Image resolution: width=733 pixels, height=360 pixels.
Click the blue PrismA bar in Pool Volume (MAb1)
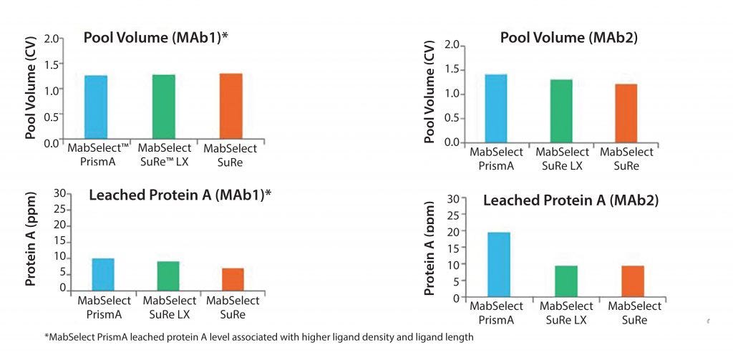[x=96, y=107]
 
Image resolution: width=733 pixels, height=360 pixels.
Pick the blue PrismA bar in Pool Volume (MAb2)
[x=495, y=107]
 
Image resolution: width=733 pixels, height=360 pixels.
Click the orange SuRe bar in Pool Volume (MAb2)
[x=626, y=112]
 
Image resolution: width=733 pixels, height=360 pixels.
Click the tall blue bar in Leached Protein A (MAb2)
[x=498, y=264]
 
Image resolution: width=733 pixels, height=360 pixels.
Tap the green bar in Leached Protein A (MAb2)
[x=566, y=281]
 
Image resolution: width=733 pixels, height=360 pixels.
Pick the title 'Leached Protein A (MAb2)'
[x=571, y=200]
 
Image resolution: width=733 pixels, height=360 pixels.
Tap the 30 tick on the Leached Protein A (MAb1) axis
[x=60, y=194]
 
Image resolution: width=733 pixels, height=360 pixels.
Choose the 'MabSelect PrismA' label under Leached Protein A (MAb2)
[x=496, y=313]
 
